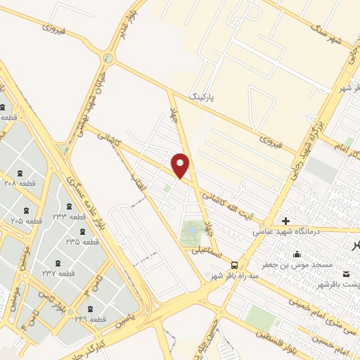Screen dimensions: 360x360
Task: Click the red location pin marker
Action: click(181, 165)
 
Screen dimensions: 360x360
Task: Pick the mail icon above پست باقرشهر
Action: click(346, 274)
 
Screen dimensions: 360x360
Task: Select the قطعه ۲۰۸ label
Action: click(20, 182)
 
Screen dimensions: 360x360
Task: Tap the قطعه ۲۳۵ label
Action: click(83, 242)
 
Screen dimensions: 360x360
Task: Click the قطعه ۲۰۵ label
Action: click(26, 221)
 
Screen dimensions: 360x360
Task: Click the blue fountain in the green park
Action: click(193, 229)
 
